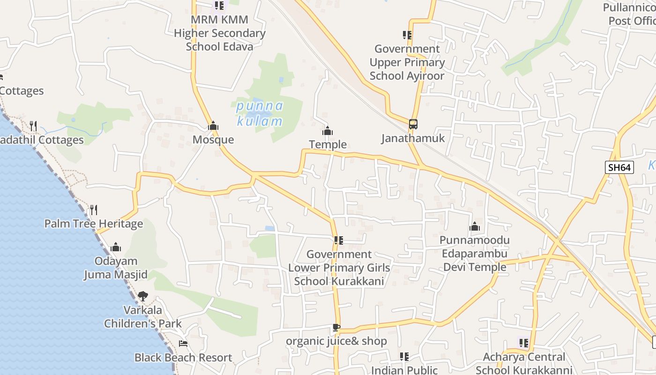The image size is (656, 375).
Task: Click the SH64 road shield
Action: tap(619, 167)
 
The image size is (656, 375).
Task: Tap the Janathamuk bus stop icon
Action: tap(413, 124)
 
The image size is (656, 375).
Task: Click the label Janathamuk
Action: tap(413, 138)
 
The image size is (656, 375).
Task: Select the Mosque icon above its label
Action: tap(213, 126)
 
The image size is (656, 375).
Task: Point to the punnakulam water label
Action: tap(260, 113)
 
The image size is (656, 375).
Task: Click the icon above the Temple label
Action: tap(328, 131)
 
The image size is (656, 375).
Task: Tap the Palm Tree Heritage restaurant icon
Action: tap(94, 210)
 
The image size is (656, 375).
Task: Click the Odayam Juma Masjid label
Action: tap(116, 268)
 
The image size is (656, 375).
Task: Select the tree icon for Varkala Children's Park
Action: tap(143, 296)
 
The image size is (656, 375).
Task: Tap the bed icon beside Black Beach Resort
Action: tap(183, 344)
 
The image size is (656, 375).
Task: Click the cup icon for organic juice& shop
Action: tap(336, 327)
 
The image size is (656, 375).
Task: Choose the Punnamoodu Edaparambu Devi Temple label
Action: tap(475, 254)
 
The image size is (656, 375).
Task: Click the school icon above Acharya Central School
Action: tap(524, 343)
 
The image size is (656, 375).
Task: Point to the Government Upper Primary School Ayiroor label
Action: tap(407, 62)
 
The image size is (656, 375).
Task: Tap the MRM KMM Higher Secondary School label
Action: tap(219, 33)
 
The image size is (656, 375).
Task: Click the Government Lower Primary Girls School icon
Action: tap(339, 240)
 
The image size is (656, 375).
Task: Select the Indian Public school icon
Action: tap(404, 356)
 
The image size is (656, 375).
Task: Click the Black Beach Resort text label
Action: tap(183, 358)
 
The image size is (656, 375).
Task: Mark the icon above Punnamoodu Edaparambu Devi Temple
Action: tap(475, 227)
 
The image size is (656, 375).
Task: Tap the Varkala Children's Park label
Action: tap(143, 317)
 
